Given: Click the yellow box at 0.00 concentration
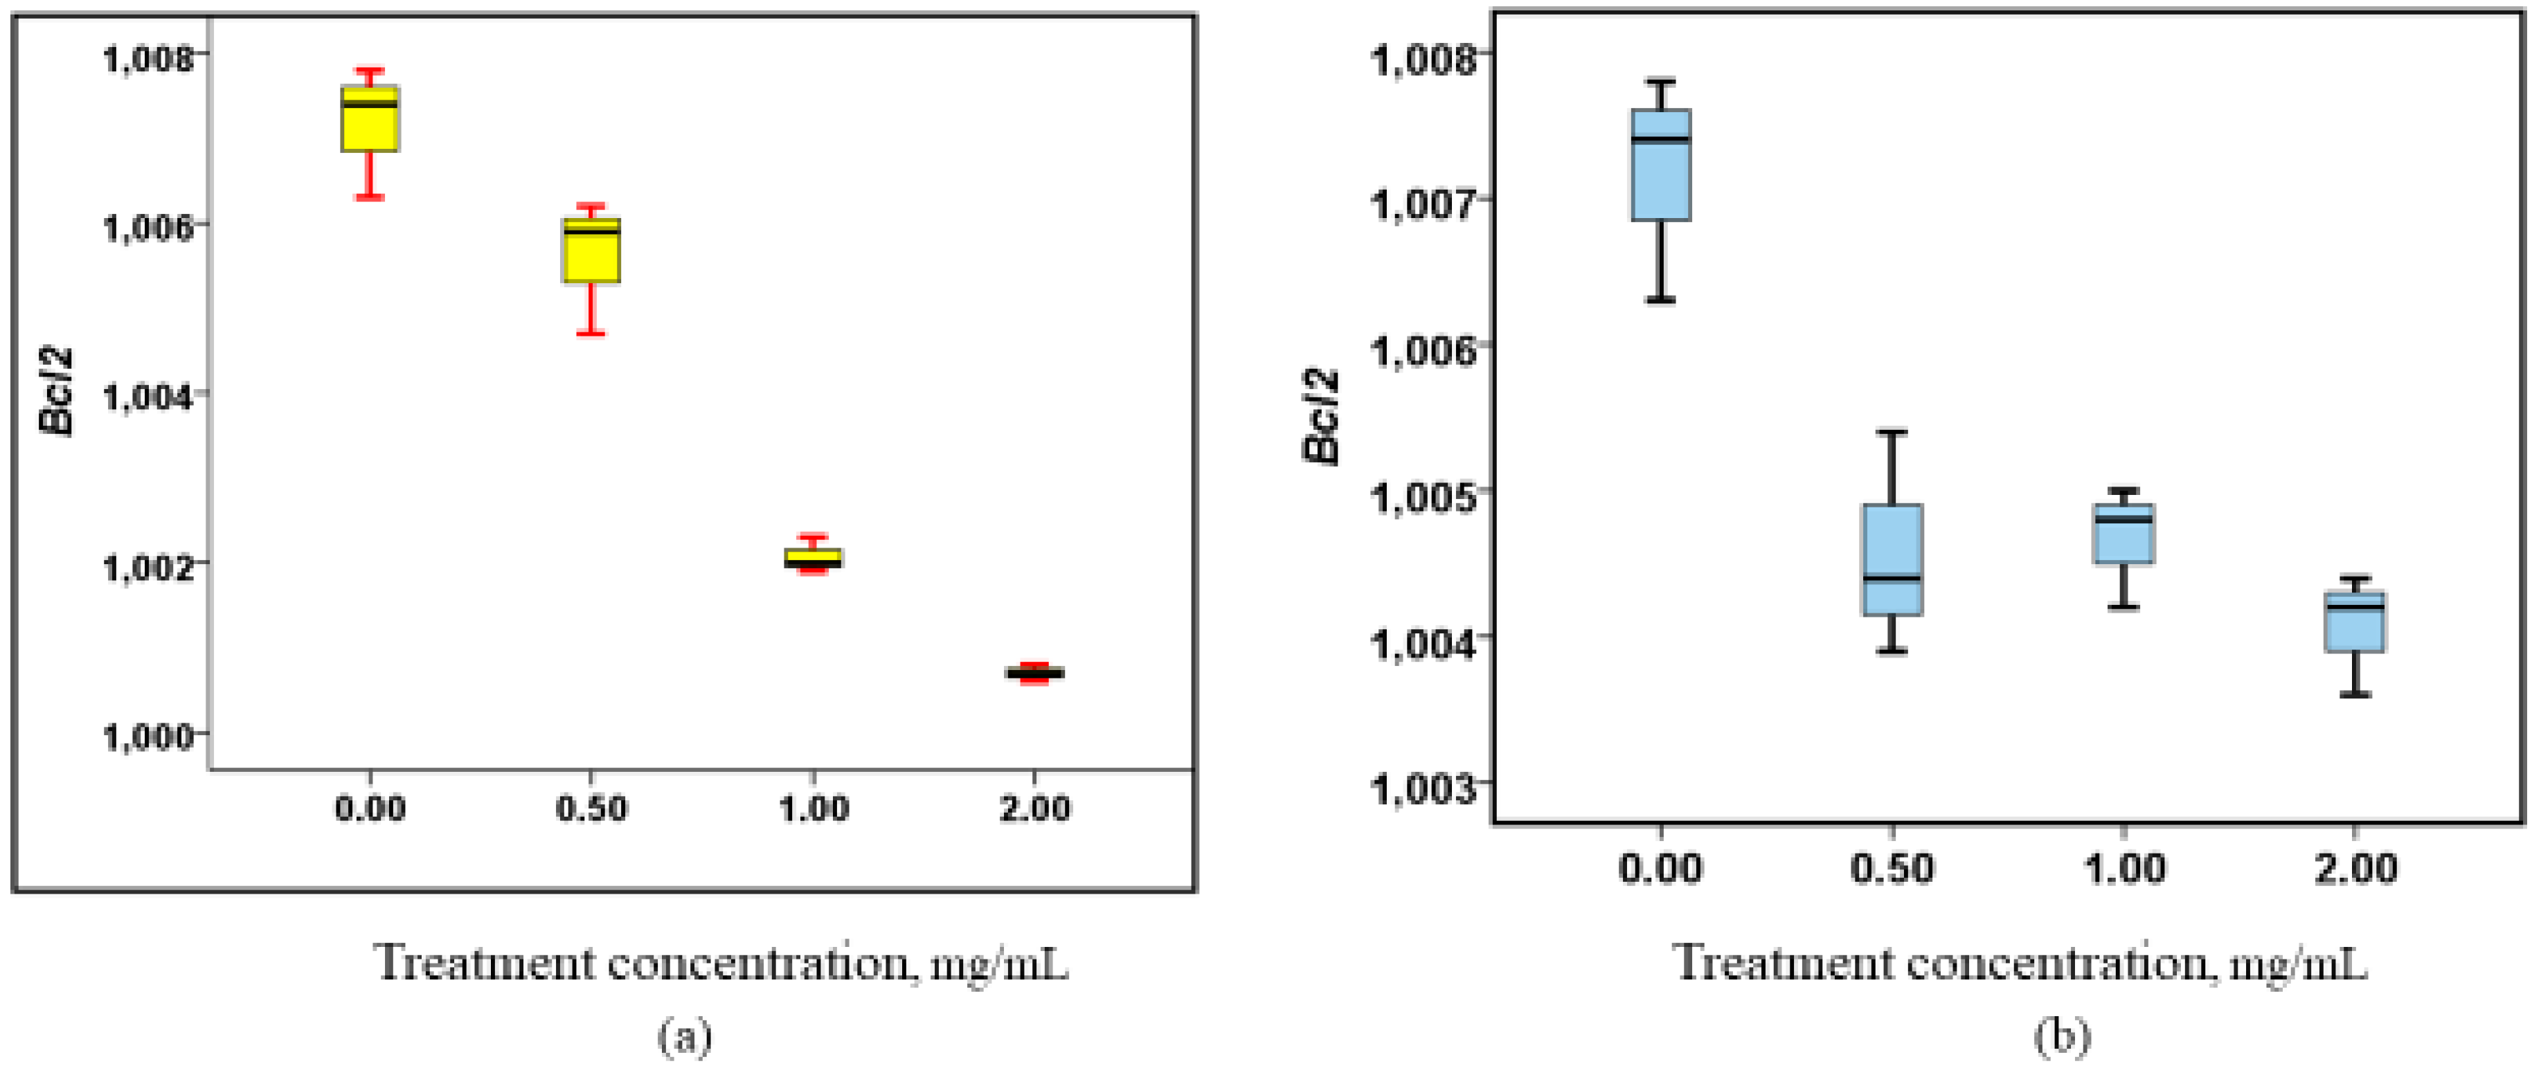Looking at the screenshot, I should click(x=370, y=119).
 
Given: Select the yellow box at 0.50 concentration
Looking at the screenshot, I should click(x=591, y=251).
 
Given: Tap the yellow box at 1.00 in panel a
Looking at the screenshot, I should click(x=813, y=558).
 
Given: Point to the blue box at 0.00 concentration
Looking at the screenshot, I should click(x=1661, y=165).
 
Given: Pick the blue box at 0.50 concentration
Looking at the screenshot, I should click(x=1892, y=559).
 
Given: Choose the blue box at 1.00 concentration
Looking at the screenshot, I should click(x=2123, y=534).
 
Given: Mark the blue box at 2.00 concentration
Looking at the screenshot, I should click(x=2355, y=622).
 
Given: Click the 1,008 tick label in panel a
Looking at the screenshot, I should click(x=149, y=57).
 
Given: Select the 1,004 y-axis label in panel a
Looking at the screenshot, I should click(x=149, y=397).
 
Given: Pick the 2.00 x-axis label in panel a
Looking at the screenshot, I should click(x=1034, y=808).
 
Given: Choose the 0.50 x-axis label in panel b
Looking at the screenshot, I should click(x=1892, y=868).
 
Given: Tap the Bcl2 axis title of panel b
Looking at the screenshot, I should click(x=1320, y=416).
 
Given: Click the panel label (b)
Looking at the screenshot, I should click(x=2062, y=1036).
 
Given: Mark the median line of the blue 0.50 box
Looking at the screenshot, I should click(x=1892, y=578).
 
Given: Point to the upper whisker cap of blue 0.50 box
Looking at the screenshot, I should click(x=1892, y=432).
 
